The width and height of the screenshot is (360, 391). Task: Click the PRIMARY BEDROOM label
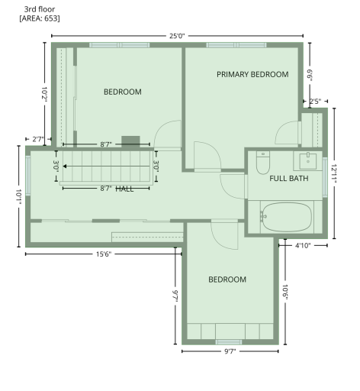coord(252,75)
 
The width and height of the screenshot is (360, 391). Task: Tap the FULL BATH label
coord(289,179)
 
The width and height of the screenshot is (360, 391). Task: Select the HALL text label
coord(124,189)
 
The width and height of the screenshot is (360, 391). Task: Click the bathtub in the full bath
coord(285,216)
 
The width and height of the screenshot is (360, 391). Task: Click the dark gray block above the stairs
coord(131,140)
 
